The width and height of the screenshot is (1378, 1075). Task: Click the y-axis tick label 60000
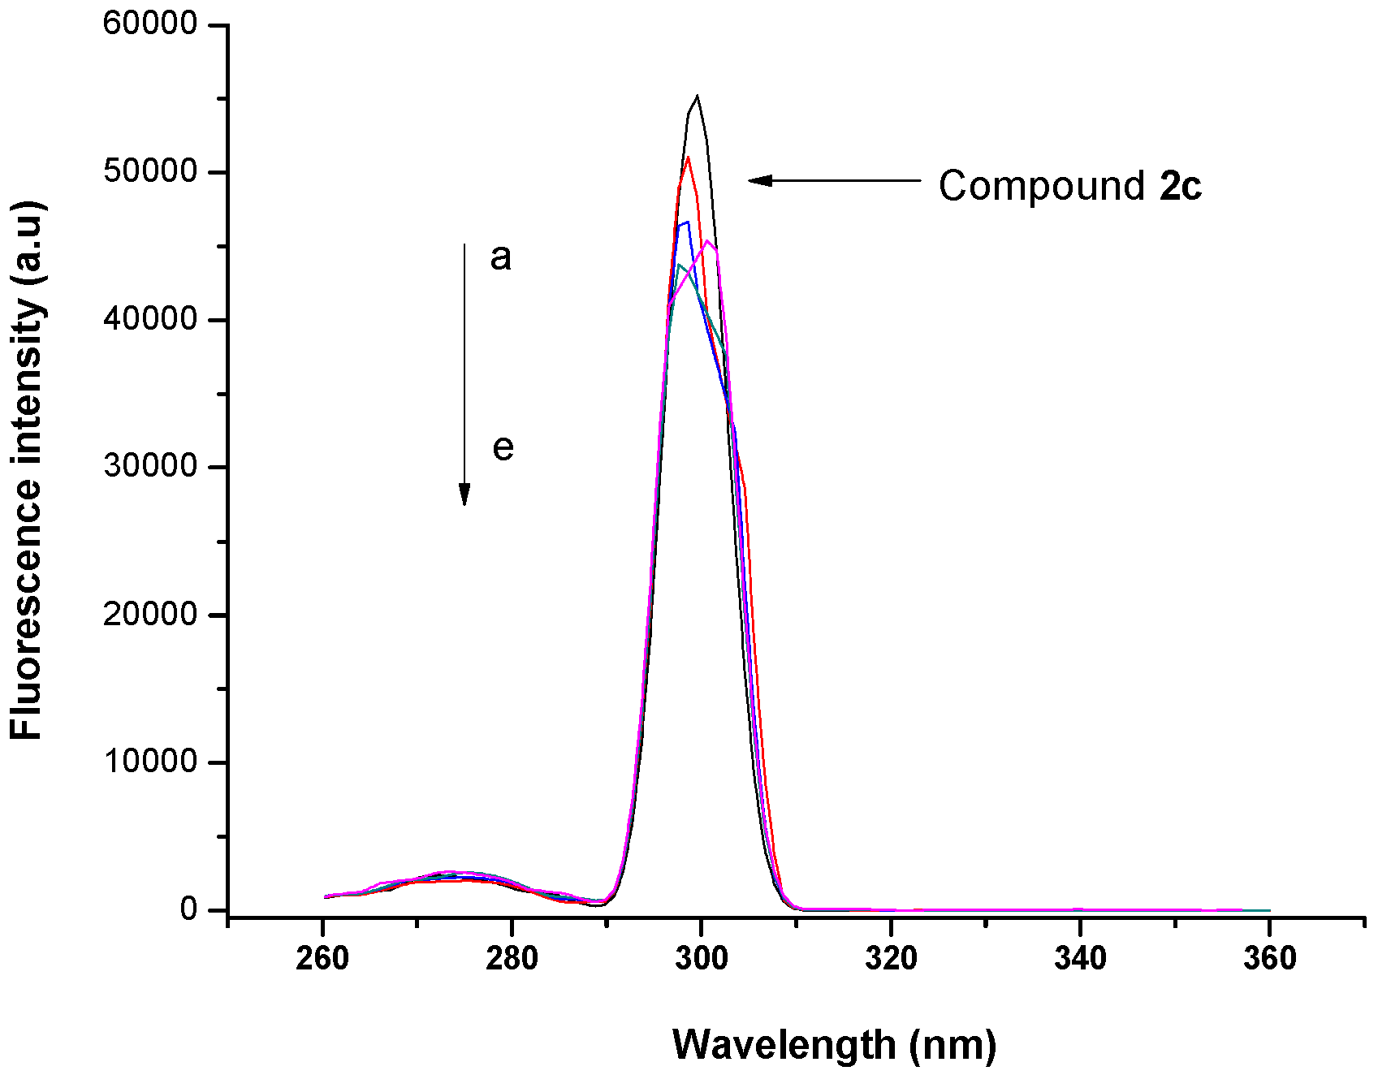[151, 24]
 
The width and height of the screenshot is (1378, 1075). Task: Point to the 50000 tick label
[151, 171]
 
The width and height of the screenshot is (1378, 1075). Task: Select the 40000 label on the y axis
[151, 319]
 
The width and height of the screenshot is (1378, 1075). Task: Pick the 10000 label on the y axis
[151, 762]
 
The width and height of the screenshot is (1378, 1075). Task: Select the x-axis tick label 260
[322, 959]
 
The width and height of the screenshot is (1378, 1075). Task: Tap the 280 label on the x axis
[512, 959]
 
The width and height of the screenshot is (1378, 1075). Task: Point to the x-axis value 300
[702, 959]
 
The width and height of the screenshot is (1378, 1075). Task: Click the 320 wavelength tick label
[891, 959]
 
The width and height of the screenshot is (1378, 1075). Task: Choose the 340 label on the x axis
[1080, 959]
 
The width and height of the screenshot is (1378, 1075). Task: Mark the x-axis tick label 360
[1269, 959]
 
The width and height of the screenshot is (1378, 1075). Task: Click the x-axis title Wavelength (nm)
[834, 1045]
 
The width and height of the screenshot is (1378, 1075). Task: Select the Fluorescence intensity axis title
[27, 471]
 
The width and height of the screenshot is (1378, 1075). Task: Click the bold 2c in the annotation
[1181, 186]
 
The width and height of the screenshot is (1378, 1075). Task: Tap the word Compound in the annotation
[1042, 187]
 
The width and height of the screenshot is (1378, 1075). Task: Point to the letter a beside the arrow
[501, 257]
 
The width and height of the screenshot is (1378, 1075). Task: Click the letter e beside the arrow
[503, 448]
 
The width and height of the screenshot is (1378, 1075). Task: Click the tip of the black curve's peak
[697, 97]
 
